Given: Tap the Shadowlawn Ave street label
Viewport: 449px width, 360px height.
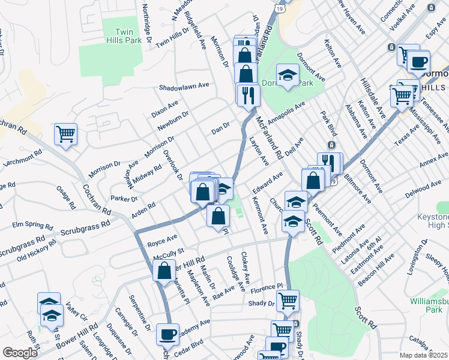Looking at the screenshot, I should click(184, 86).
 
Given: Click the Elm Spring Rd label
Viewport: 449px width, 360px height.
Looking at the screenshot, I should click(32, 226).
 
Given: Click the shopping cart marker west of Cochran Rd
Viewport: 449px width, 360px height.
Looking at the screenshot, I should click(65, 134).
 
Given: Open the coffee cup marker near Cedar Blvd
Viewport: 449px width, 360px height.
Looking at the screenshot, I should click(167, 334).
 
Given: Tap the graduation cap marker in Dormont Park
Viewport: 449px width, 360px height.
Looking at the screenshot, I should click(288, 75).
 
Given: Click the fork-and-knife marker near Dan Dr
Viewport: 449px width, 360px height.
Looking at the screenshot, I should click(247, 94).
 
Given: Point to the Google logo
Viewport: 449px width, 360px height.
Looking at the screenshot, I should click(20, 353).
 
